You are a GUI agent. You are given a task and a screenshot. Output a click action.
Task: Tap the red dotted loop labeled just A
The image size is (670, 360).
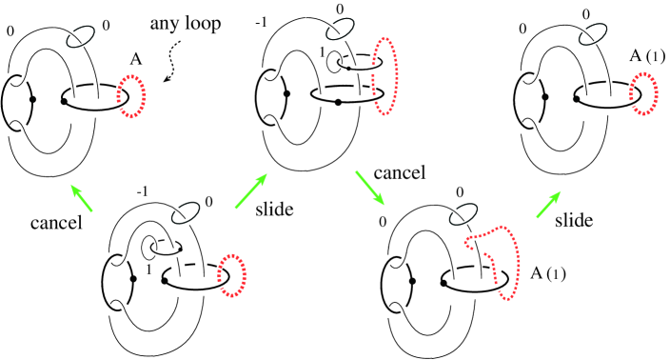[131, 95]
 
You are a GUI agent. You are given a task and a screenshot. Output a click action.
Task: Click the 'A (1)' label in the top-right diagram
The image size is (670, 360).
[652, 66]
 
